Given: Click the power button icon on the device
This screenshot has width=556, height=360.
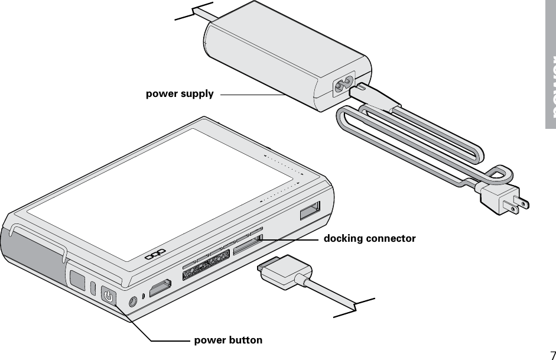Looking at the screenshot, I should point(109,295).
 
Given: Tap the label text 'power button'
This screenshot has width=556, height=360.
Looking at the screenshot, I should point(228,340).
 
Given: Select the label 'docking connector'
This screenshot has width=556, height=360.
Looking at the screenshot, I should point(369,239).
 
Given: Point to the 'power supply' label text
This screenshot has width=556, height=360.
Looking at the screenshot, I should point(180,93).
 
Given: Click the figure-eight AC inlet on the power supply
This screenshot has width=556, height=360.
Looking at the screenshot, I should point(343,87).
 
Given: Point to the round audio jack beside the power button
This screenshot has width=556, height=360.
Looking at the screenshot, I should point(133,301).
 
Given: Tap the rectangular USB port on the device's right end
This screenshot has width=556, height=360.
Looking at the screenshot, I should point(310,210).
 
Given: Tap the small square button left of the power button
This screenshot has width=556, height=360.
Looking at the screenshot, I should point(77,279).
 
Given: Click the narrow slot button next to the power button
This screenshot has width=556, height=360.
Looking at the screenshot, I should point(93,288).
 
